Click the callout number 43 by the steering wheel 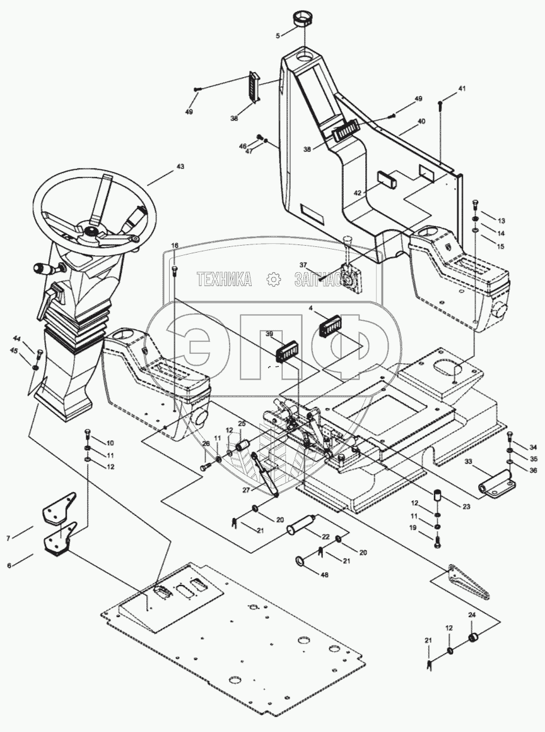(180, 167)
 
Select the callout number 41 (462, 90)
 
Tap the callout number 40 (421, 121)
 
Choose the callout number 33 (469, 462)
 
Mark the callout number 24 (471, 615)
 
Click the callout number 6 (9, 565)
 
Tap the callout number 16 (175, 244)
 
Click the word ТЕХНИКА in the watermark (225, 279)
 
